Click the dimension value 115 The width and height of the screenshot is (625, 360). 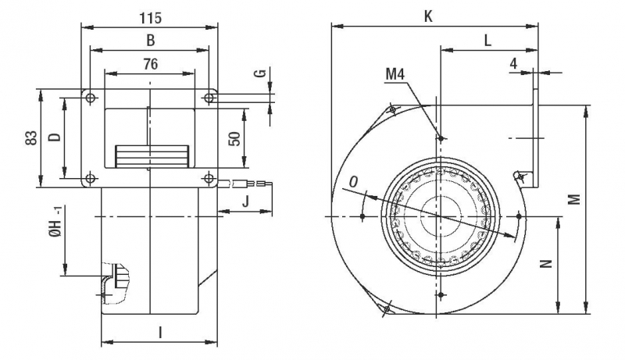point(146,15)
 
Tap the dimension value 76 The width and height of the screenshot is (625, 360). point(150,65)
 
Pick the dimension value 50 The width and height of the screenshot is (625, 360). point(234,138)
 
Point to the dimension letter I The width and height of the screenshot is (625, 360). point(160,333)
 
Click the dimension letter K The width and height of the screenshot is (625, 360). point(428,15)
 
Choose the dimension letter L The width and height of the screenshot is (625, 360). point(487,40)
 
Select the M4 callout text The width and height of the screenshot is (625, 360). point(396,75)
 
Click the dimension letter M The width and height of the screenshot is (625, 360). point(574,200)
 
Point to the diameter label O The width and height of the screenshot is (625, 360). point(353,181)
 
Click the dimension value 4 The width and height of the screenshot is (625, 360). point(513,62)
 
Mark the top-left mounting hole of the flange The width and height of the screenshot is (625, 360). point(91,98)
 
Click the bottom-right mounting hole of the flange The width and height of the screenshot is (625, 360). point(209,179)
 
